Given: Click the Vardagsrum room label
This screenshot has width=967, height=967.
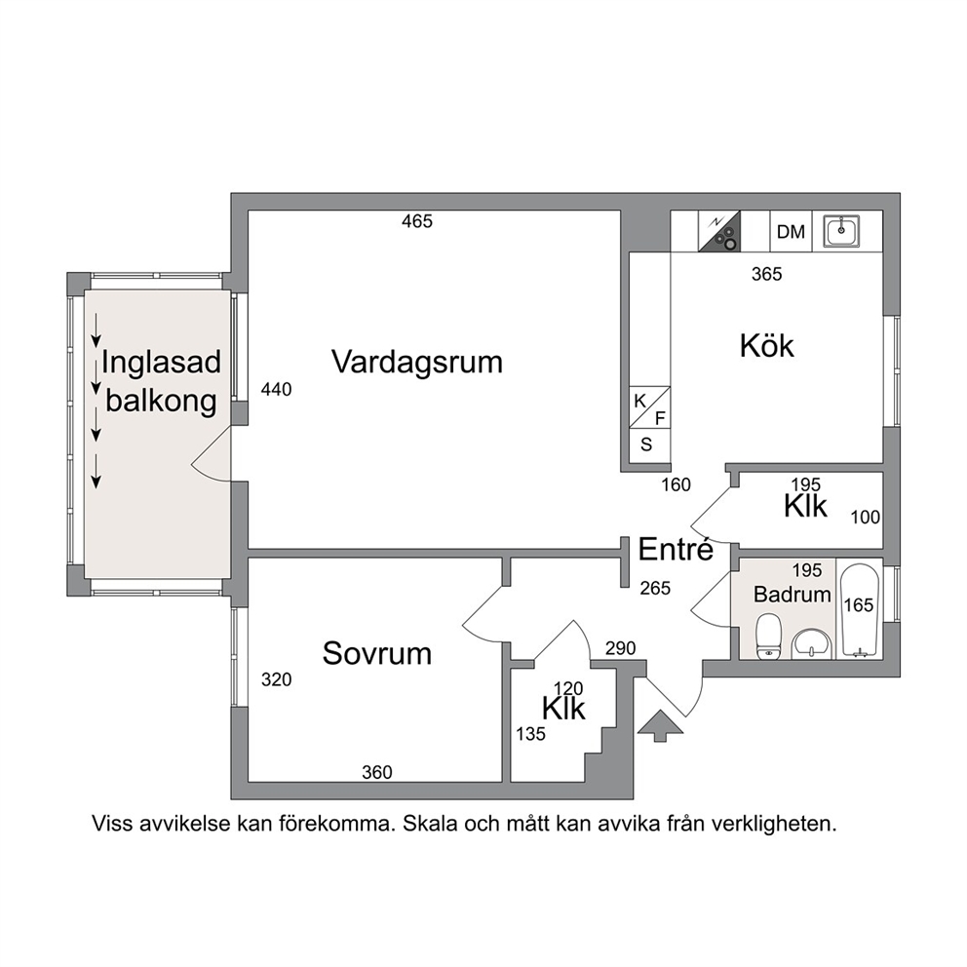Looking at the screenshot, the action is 417,362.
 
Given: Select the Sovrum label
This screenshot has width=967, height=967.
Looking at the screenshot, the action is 377,653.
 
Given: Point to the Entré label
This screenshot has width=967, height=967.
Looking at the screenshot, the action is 676,548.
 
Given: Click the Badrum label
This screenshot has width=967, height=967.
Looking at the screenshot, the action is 792,595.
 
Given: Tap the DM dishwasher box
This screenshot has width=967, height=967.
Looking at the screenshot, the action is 792,231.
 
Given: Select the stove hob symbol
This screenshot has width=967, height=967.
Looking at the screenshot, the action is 719,231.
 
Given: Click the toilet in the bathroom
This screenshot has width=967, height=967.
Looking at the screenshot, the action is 768,634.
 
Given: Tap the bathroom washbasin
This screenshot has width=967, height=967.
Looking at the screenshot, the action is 813,642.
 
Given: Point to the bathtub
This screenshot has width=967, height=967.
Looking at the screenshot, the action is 860,608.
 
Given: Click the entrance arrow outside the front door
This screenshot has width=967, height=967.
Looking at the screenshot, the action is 661,724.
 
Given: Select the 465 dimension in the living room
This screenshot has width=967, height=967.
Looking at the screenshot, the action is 417,220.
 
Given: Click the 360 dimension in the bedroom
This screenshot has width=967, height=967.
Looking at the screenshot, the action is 377,772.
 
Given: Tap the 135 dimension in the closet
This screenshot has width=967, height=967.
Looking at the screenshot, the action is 531,734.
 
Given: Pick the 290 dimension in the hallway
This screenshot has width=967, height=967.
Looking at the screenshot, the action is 620,648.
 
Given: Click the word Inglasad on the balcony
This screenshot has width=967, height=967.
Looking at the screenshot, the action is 162,362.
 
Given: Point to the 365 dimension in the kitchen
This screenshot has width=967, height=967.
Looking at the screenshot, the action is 766,274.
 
